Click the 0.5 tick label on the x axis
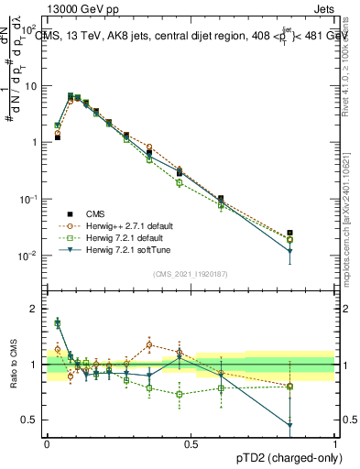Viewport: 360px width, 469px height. (191, 443)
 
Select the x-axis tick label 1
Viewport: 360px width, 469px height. (335, 443)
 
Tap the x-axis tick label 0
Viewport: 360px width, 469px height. (47, 443)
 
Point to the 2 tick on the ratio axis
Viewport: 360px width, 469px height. (33, 309)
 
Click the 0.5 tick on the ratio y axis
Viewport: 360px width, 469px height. (29, 420)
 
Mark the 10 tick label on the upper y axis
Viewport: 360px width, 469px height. (30, 86)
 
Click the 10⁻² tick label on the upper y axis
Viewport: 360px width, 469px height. (28, 256)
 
